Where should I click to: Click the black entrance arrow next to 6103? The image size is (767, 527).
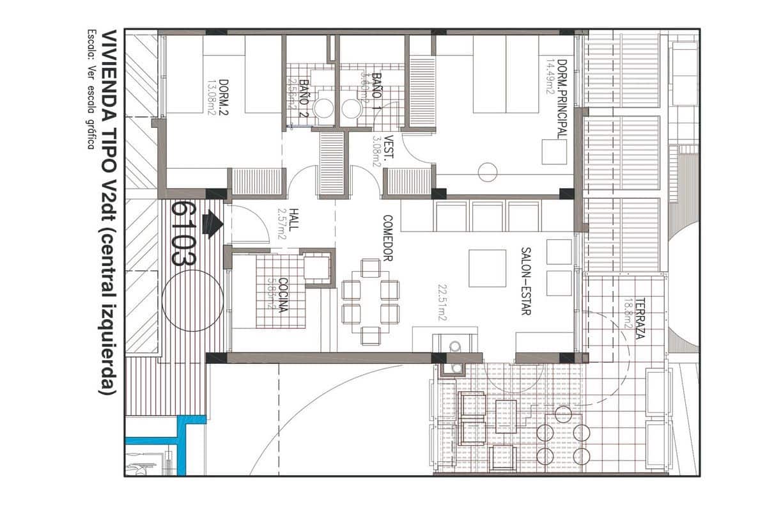[x=212, y=224]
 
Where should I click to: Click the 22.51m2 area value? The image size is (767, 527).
[x=442, y=304]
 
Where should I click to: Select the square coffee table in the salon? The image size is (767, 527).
[x=488, y=268]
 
